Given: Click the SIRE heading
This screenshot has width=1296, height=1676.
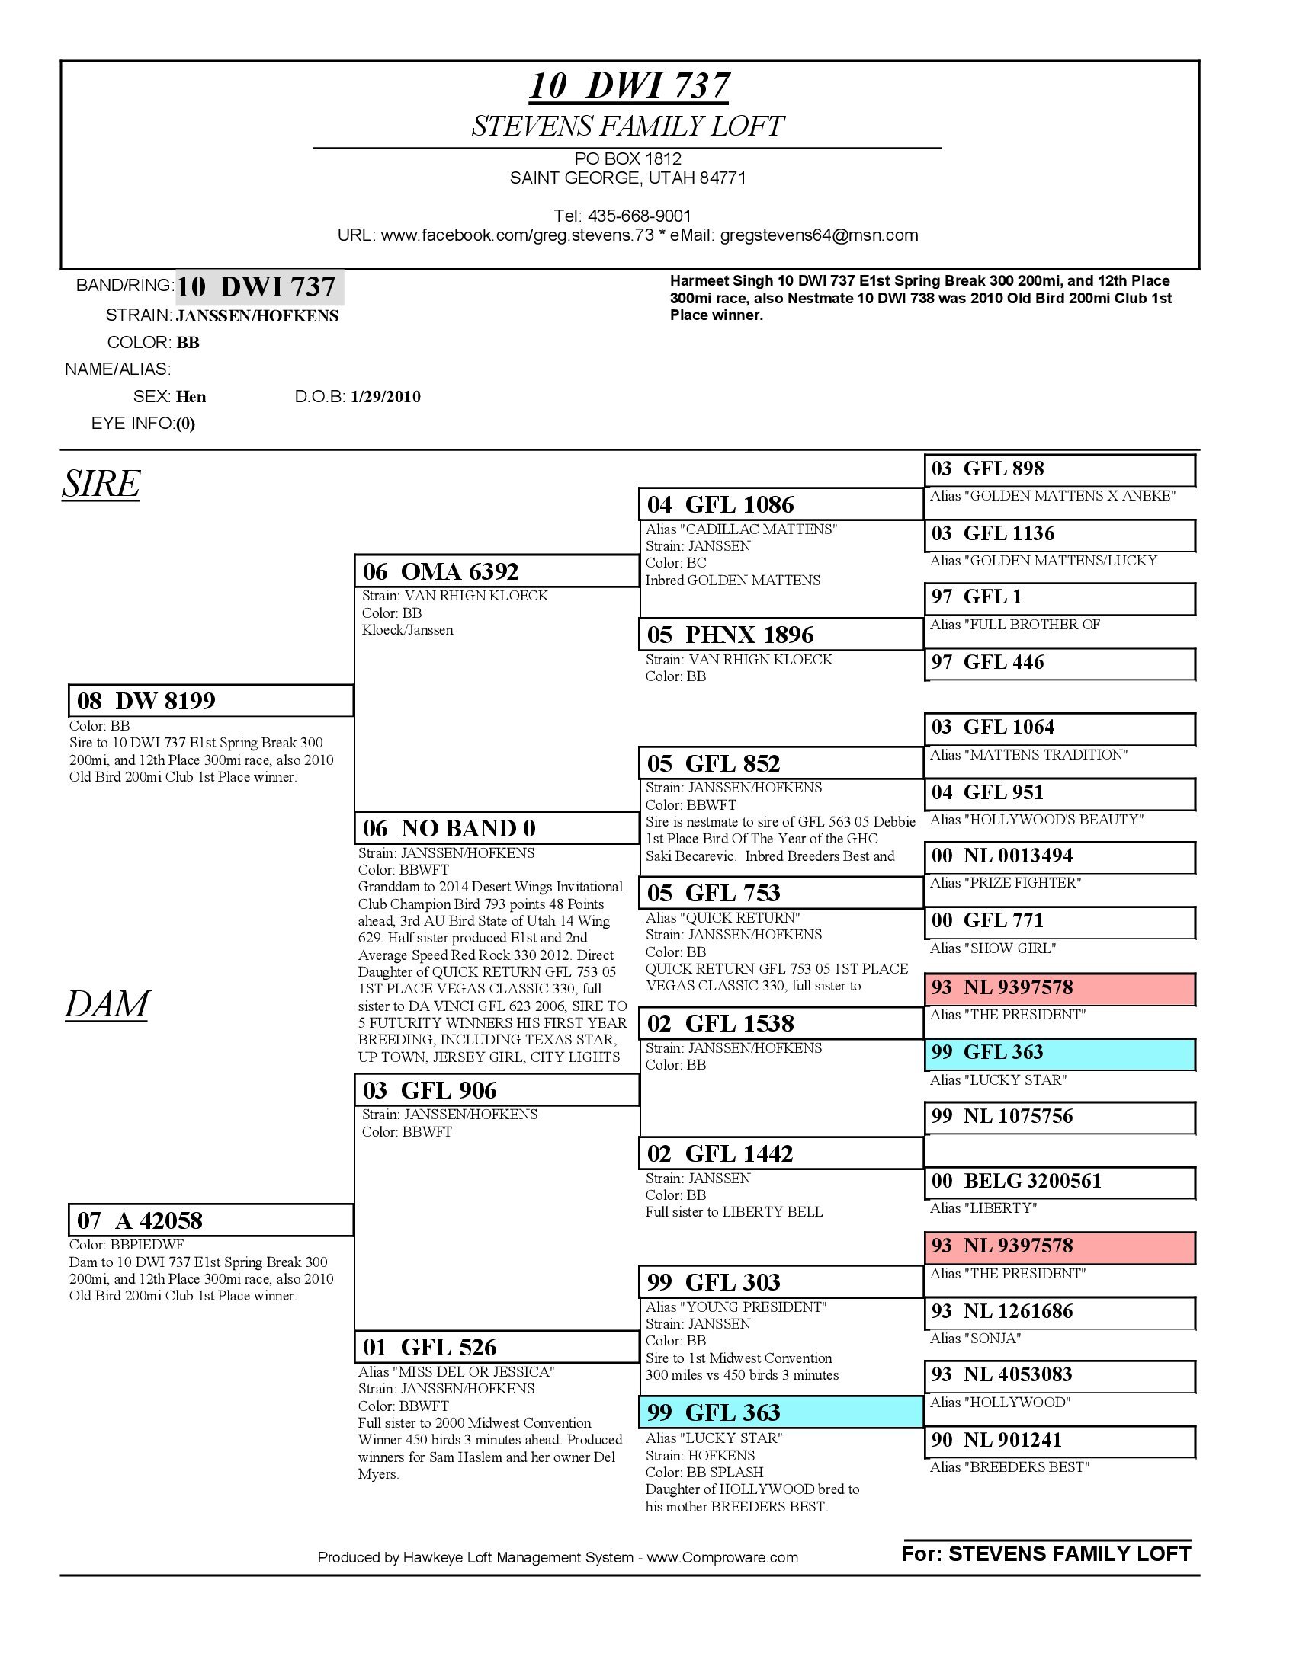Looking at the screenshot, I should tap(101, 484).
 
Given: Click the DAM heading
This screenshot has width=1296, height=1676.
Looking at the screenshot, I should tap(106, 1005).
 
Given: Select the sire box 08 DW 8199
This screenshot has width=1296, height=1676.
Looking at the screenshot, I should tap(210, 701).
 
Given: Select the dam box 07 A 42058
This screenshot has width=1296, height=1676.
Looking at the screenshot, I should tap(210, 1220).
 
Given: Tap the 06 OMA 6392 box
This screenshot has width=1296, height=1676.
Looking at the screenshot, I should tap(496, 571).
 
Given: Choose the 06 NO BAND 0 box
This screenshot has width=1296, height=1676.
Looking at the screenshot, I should tap(496, 828).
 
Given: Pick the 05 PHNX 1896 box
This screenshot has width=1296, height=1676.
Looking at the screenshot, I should tap(780, 635).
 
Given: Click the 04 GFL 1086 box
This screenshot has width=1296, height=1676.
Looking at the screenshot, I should tap(780, 504).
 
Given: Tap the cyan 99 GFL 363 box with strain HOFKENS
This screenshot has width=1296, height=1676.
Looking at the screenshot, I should tap(780, 1412).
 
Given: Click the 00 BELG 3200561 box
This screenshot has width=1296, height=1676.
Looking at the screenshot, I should tap(1060, 1180).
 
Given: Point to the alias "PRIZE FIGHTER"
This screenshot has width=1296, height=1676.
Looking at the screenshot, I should tap(1005, 882).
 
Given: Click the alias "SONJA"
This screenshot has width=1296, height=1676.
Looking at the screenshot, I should tap(975, 1339).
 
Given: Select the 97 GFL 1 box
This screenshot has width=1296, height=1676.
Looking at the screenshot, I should tap(1060, 597).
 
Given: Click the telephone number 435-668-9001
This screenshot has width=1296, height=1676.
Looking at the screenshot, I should tap(639, 216).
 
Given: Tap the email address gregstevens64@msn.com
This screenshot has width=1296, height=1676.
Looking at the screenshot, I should tap(819, 235).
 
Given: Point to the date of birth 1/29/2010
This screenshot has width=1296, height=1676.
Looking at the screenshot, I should tap(386, 397).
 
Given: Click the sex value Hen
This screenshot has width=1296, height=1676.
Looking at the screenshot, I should tap(191, 397).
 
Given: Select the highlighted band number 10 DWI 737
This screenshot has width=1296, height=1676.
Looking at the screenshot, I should tap(259, 287).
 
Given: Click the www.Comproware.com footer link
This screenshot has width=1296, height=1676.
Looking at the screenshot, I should tap(722, 1557).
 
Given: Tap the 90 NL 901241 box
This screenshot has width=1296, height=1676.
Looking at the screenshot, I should tap(1060, 1440).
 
